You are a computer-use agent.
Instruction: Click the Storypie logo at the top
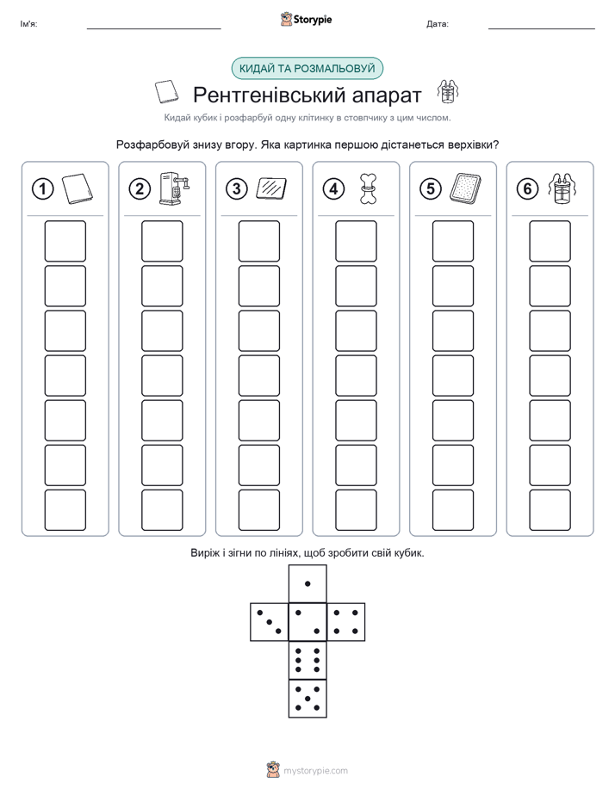point(306,20)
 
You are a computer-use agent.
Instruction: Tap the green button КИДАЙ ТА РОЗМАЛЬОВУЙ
point(307,69)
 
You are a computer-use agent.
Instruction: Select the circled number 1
point(42,189)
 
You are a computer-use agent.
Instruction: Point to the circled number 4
point(333,189)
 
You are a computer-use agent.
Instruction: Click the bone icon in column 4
point(368,188)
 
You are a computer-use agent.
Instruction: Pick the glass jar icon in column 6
point(562,188)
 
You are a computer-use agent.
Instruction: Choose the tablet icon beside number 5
point(465,188)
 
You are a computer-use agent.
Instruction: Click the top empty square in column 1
point(65,241)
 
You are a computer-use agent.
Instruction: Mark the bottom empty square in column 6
point(550,510)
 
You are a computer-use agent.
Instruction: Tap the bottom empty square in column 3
point(259,510)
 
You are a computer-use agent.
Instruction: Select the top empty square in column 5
point(453,241)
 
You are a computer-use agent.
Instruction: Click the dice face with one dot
point(307,583)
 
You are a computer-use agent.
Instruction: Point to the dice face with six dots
point(307,660)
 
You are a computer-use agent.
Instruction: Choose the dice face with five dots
point(307,698)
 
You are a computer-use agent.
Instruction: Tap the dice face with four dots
point(346,621)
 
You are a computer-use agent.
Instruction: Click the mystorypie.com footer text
point(315,771)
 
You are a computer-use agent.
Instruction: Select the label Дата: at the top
point(438,24)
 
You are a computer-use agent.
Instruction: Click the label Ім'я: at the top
point(29,24)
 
